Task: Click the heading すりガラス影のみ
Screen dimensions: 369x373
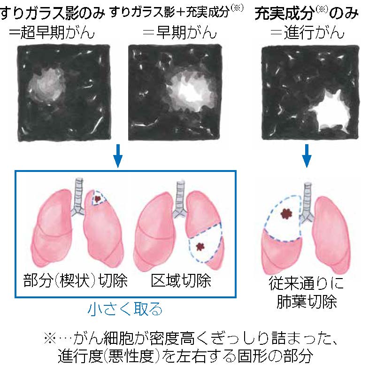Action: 52,14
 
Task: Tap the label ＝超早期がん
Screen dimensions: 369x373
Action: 52,32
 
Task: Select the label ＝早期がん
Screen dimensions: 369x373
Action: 180,32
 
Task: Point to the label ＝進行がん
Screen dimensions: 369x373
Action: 307,32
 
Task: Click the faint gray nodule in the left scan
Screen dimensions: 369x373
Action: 47,85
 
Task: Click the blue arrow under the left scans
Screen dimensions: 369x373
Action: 118,156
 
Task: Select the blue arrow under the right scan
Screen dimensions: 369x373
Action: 307,156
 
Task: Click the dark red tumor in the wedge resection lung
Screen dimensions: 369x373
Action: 97,198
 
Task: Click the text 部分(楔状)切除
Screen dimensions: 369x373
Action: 76,281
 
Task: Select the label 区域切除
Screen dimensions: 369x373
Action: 181,281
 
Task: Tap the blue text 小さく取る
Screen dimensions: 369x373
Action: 125,309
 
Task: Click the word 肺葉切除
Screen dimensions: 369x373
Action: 307,302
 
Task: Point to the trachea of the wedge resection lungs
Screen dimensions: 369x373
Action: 78,197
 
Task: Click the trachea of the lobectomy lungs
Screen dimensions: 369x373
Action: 307,202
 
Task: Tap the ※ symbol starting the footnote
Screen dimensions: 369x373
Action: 50,338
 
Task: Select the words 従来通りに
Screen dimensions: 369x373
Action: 306,283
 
